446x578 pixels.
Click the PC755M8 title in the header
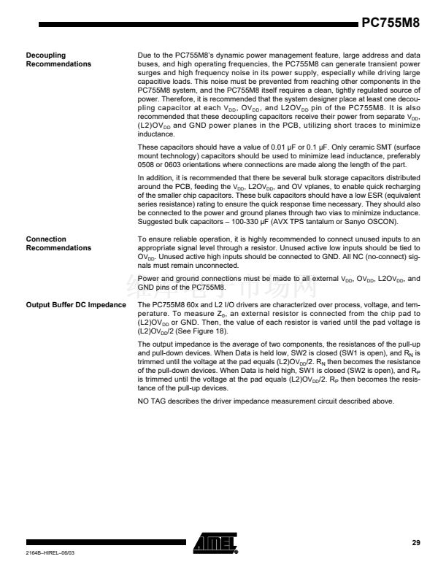pos(391,22)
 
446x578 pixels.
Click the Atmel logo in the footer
pos(215,543)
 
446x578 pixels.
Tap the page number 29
pos(416,542)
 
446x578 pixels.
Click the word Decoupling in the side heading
pos(46,55)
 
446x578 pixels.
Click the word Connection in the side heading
pos(46,239)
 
